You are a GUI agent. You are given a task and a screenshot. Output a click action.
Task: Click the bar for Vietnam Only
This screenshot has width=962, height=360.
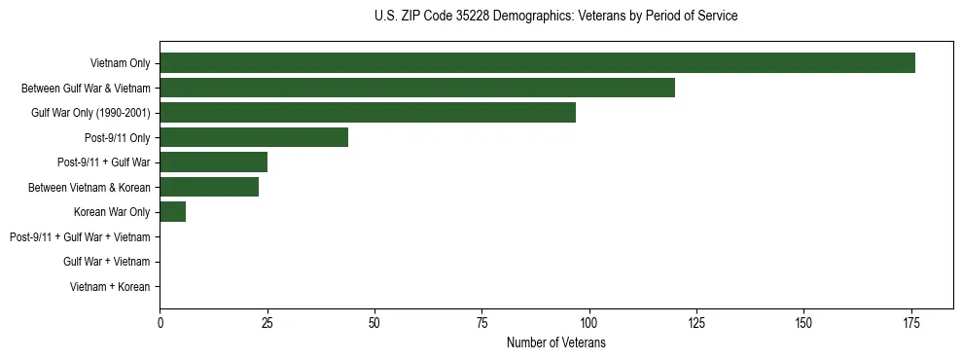[x=537, y=63]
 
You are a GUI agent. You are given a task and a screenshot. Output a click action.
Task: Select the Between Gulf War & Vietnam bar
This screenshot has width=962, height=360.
[x=417, y=88]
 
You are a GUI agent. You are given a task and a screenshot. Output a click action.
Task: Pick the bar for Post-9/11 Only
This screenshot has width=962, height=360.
[x=254, y=137]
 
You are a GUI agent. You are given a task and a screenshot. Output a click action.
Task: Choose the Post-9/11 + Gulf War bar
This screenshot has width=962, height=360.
[x=213, y=162]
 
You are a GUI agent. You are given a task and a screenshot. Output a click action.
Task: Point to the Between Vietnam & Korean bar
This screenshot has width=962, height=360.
[x=209, y=187]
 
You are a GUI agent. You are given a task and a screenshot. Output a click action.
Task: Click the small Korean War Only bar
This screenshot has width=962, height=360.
[x=173, y=212]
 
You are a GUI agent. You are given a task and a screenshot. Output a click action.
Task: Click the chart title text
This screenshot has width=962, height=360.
[x=555, y=17]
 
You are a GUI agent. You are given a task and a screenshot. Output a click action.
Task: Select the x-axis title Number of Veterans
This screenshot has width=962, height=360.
[x=555, y=343]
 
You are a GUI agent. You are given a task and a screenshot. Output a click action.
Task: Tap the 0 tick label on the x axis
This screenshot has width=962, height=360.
[x=160, y=323]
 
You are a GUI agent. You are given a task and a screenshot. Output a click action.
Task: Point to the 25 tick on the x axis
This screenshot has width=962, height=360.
[x=267, y=323]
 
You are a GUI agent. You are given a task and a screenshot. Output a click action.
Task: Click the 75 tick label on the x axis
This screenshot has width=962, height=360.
[x=481, y=323]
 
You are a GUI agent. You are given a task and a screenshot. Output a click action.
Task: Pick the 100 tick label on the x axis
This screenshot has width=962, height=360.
[x=589, y=323]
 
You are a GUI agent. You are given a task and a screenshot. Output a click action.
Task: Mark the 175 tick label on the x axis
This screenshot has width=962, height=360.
[x=910, y=323]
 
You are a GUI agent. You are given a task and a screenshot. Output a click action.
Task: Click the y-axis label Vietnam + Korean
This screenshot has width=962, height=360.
[x=110, y=287]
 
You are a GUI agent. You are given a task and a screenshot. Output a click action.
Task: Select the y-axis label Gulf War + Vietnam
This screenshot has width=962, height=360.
[x=106, y=262]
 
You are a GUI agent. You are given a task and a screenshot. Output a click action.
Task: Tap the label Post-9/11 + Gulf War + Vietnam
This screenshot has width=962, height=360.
[x=80, y=237]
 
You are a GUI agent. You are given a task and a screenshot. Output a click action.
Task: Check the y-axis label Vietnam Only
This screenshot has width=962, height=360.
[x=120, y=63]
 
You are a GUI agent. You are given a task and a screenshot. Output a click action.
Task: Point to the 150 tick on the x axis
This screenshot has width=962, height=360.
[x=803, y=323]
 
